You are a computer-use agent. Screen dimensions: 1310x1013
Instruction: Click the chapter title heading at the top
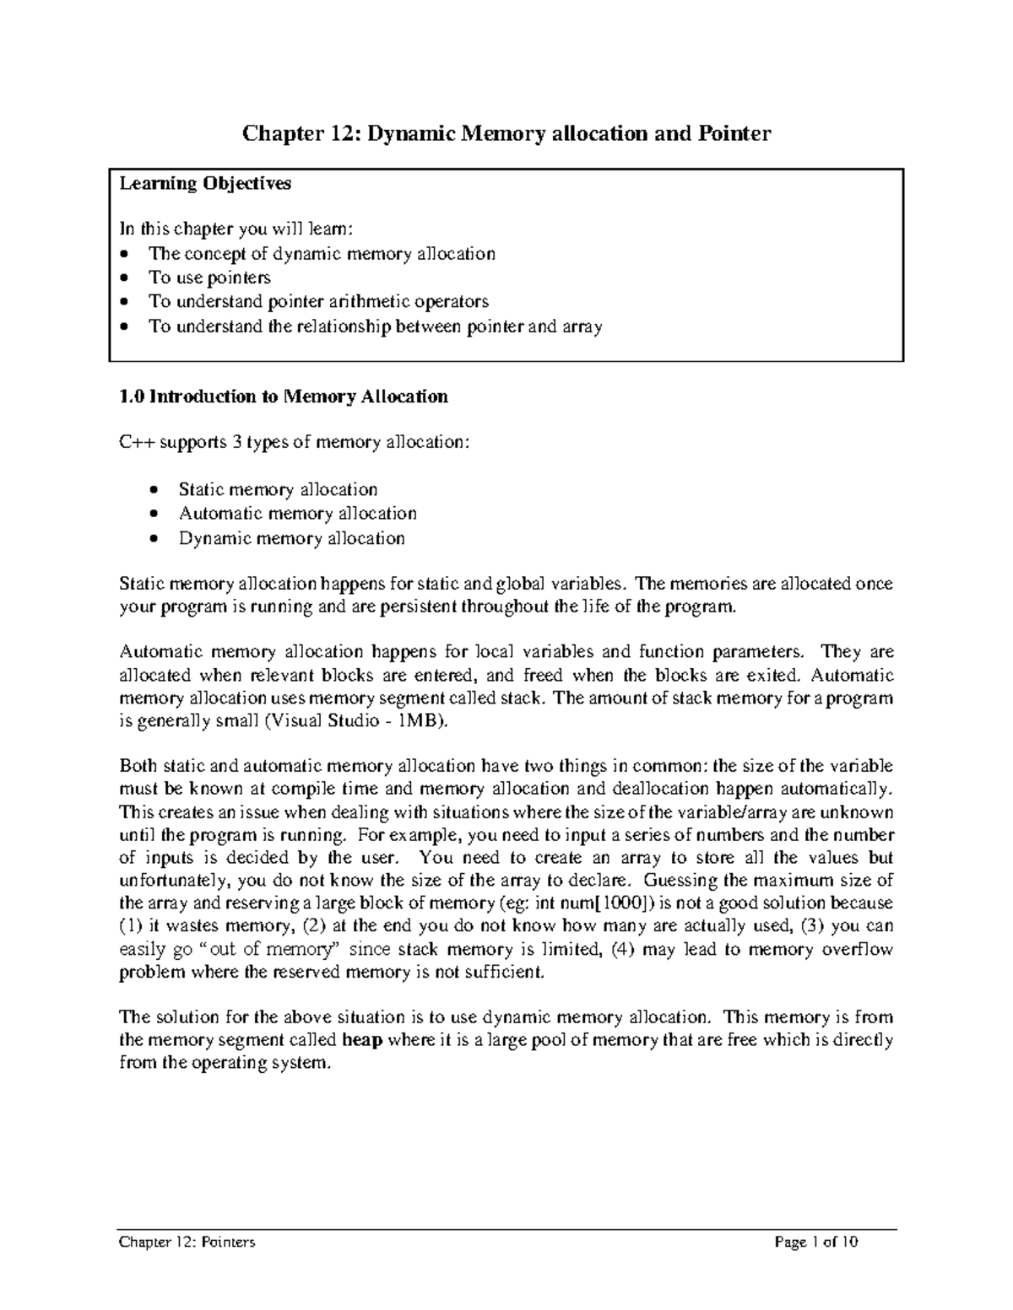pyautogui.click(x=506, y=133)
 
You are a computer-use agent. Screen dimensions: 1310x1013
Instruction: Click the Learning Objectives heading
pyautogui.click(x=205, y=183)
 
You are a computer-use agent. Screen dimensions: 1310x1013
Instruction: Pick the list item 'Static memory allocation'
pyautogui.click(x=278, y=489)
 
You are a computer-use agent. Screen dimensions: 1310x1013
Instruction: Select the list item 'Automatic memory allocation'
pyautogui.click(x=297, y=513)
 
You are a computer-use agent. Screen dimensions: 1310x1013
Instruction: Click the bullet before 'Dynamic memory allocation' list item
pyautogui.click(x=153, y=538)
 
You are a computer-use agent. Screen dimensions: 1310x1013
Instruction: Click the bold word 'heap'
pyautogui.click(x=363, y=1040)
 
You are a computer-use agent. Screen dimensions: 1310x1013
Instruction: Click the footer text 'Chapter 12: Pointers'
pyautogui.click(x=187, y=1242)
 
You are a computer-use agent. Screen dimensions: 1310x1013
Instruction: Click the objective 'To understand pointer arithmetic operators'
pyautogui.click(x=318, y=301)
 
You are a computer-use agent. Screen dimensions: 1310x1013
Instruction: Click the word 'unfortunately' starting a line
pyautogui.click(x=174, y=880)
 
